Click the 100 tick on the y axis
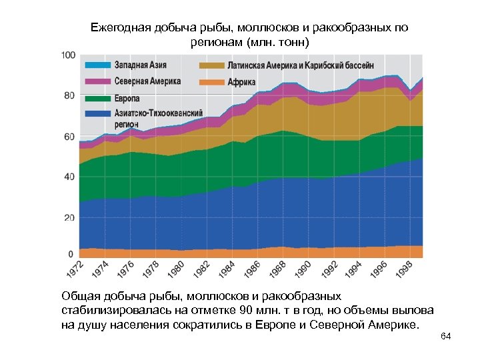pyautogui.click(x=67, y=55)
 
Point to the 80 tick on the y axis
pyautogui.click(x=69, y=95)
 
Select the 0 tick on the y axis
pyautogui.click(x=71, y=254)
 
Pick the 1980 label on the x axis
pyautogui.click(x=176, y=271)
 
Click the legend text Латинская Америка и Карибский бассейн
pyautogui.click(x=301, y=66)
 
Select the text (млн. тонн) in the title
pyautogui.click(x=277, y=42)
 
